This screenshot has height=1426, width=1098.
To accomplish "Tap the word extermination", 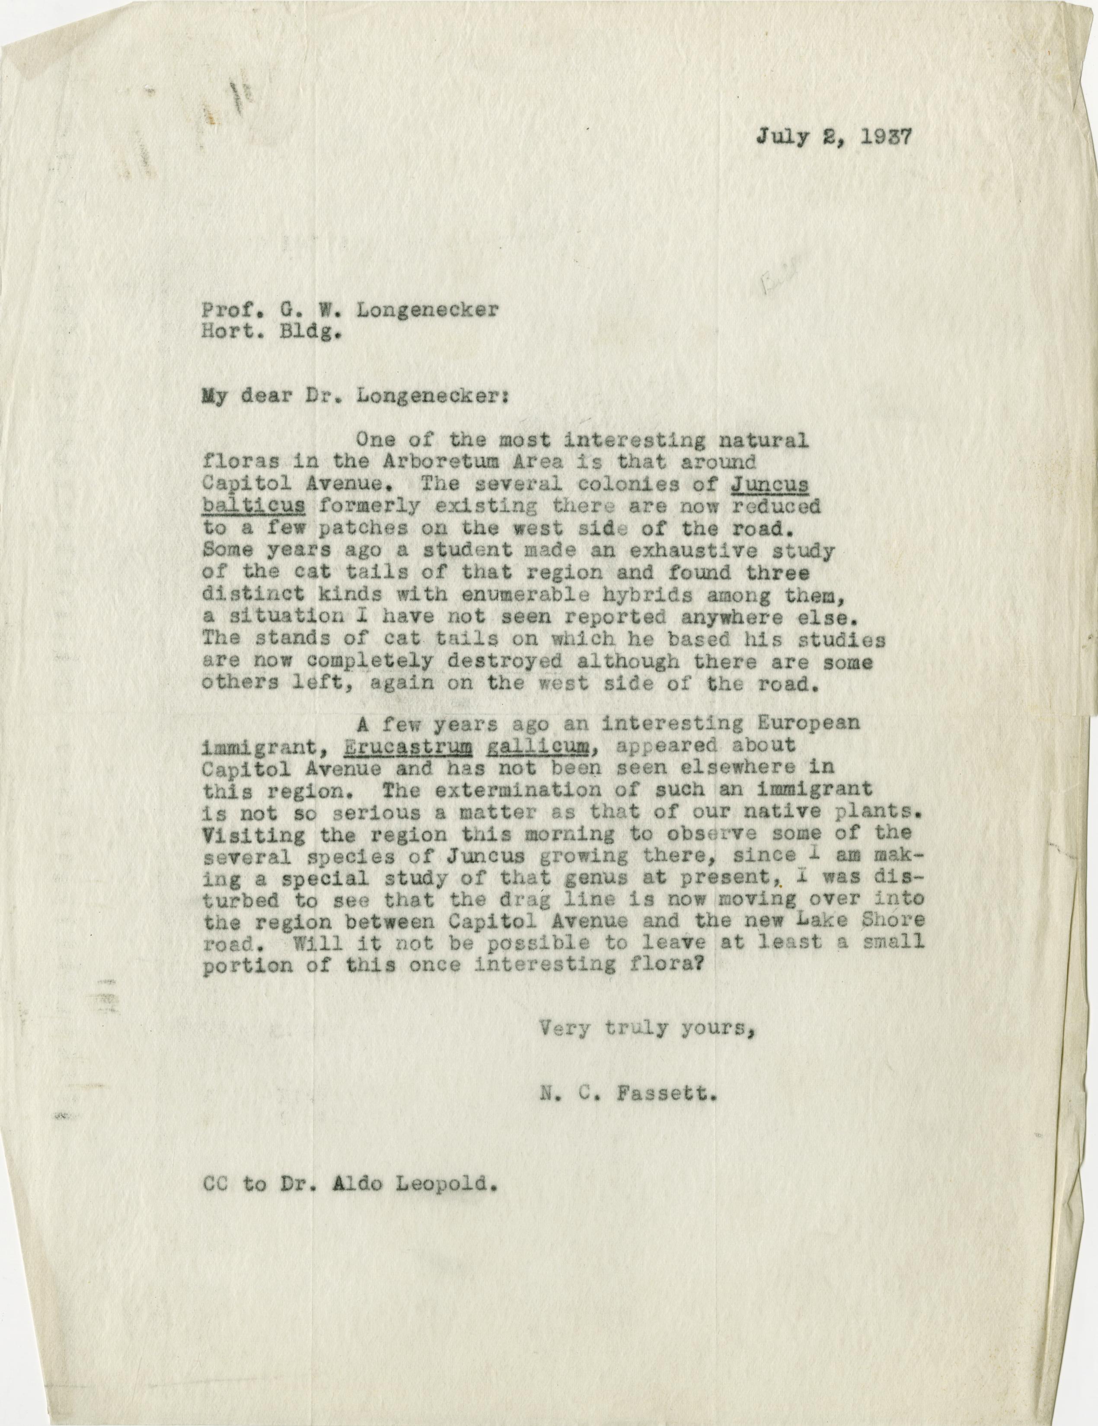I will [524, 789].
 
